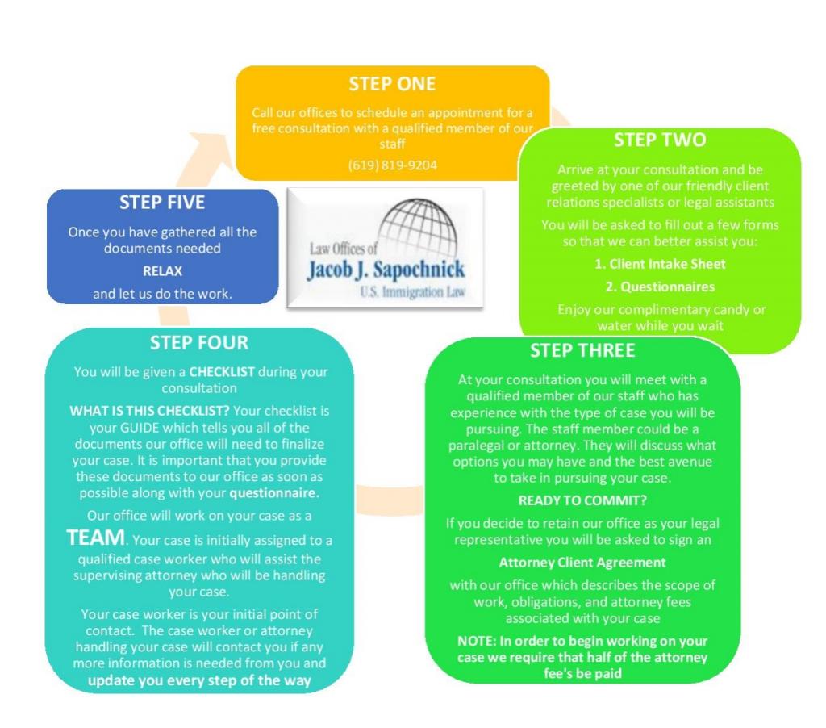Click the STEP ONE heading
coord(392,84)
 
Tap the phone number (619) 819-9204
coord(392,165)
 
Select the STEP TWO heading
coord(659,140)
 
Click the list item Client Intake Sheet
coord(660,263)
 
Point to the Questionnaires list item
coord(660,287)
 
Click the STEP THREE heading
coord(582,350)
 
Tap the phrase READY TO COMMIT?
coord(582,500)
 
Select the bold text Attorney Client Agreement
coord(582,562)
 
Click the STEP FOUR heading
coord(199,343)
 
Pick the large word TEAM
coord(96,538)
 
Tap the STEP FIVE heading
coord(162,202)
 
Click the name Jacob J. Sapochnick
coord(386,270)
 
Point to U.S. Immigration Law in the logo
coord(413,291)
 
